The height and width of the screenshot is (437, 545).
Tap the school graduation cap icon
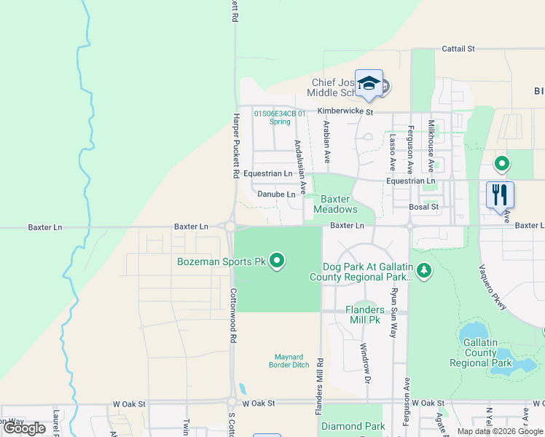[x=369, y=83]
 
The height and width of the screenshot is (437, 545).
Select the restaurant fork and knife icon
[x=500, y=194]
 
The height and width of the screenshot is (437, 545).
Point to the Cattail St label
[x=458, y=49]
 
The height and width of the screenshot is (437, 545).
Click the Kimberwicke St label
[x=345, y=112]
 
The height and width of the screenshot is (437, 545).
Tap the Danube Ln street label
[x=277, y=194]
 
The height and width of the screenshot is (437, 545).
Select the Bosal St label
[x=423, y=207]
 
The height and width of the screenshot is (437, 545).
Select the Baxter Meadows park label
[x=336, y=204]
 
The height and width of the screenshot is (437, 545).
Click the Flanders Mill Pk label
[x=365, y=315]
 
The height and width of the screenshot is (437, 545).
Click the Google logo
[x=25, y=428]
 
